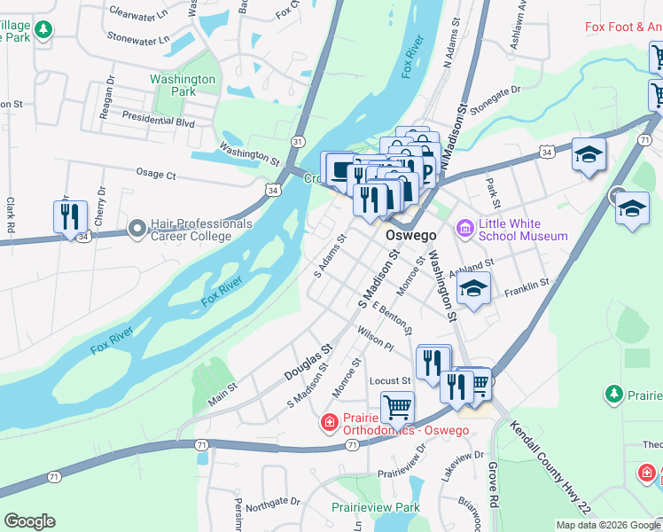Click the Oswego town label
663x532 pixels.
[411, 237]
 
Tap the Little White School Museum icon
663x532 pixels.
[465, 230]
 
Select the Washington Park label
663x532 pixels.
[183, 85]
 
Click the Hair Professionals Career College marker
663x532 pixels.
[137, 230]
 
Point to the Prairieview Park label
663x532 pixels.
[375, 508]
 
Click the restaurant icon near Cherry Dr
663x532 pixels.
[69, 216]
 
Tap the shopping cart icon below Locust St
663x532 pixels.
[397, 408]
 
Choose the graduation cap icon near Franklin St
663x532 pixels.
[474, 289]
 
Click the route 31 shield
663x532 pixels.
[298, 142]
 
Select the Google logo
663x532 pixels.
[29, 521]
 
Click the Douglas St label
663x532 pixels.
[308, 364]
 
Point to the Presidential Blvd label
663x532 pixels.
[158, 120]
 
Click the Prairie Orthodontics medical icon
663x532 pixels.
[329, 422]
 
